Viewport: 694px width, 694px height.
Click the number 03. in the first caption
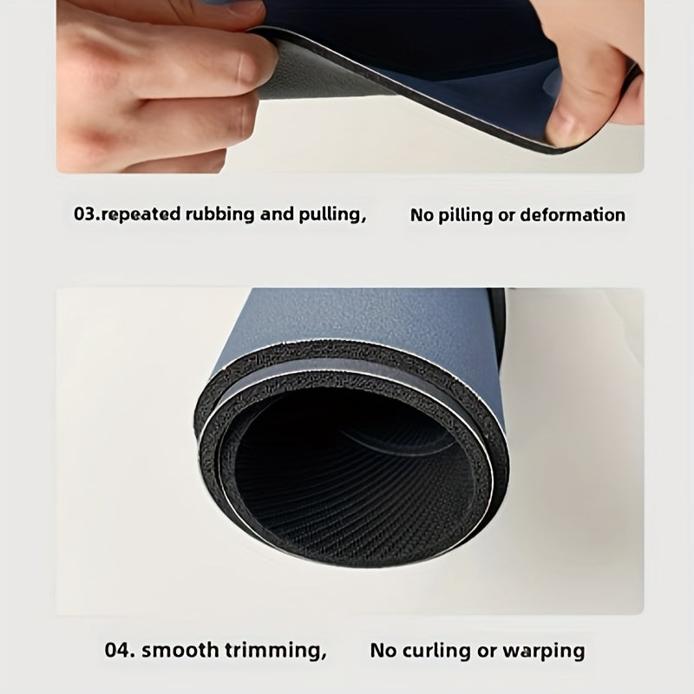tap(88, 214)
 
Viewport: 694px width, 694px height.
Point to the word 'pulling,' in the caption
tap(333, 215)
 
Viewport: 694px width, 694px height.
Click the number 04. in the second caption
tap(120, 650)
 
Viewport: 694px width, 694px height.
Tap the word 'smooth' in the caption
tap(180, 650)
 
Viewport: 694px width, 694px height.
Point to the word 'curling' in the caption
tap(437, 651)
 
